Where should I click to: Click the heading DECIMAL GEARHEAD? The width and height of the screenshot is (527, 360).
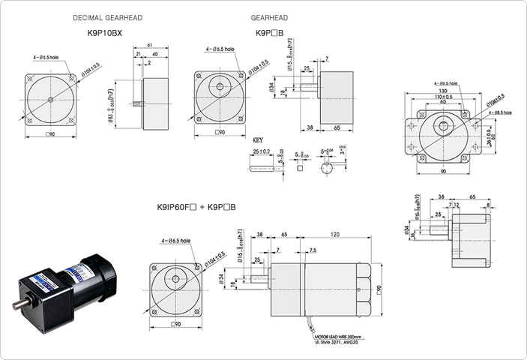(x=104, y=17)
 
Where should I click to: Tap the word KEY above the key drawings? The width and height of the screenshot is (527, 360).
(x=258, y=140)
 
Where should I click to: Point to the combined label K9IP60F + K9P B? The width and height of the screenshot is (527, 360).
(x=196, y=207)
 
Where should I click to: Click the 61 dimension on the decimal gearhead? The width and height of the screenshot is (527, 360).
(x=150, y=45)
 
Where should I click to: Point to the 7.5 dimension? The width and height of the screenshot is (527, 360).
(x=312, y=250)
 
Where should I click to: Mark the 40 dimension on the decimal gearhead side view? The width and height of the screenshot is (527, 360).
(x=154, y=54)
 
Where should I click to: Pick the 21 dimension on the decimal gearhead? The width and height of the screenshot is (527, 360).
(x=139, y=54)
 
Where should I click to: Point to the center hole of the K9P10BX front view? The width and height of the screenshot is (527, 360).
(x=50, y=100)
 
